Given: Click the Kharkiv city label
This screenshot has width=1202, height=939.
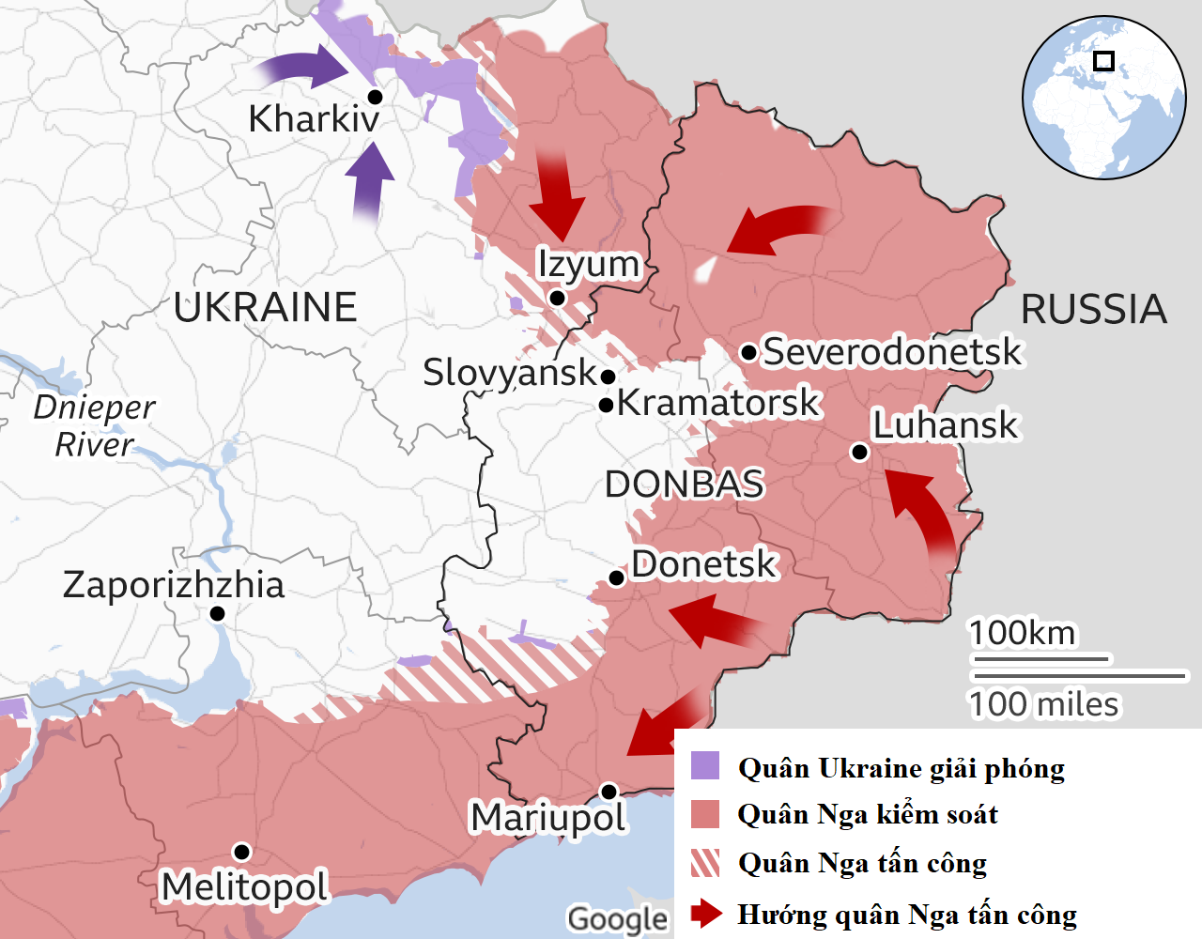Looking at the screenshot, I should coord(314,119).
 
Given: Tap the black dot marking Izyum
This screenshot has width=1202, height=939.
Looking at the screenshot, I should coord(557,298).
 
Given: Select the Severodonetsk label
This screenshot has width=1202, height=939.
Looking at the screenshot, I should coord(891,352).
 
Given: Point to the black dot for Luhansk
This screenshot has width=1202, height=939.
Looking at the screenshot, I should coord(859,453).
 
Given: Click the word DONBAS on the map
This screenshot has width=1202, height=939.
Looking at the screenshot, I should coord(684,485).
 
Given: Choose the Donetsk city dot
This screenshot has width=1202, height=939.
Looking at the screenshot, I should coord(617,577).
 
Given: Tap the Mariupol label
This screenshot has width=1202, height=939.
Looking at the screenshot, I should coord(547,818).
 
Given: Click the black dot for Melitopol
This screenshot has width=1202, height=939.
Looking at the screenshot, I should coord(241,852).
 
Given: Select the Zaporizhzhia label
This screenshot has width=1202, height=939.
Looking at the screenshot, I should coord(174,585).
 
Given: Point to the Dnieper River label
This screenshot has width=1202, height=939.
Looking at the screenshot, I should coord(94,425).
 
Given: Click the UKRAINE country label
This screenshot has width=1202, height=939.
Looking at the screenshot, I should coord(266,308).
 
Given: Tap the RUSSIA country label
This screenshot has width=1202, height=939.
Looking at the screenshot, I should coord(1093,310).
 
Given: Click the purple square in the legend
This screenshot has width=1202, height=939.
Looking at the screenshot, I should coord(705,765).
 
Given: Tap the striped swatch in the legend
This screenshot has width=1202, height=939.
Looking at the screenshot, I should coord(705,862).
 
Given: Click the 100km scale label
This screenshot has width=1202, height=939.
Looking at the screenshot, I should coord(1022,633).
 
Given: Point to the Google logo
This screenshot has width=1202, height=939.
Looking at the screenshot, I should coord(617,919).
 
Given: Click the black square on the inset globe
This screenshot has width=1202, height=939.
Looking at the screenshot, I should coord(1104,61).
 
